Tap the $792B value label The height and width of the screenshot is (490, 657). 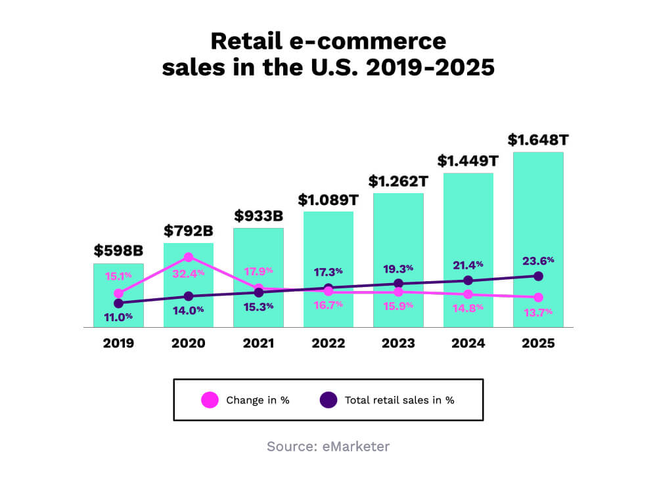[189, 231]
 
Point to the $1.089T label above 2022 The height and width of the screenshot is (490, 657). [328, 199]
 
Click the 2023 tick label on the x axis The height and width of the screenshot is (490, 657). [398, 343]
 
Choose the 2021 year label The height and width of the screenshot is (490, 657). [258, 343]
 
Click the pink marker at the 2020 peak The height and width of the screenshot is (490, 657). [189, 257]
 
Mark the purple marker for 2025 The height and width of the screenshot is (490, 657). [539, 276]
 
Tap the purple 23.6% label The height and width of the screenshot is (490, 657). [539, 259]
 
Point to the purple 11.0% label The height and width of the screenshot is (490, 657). [118, 316]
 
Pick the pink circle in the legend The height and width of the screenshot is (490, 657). [210, 399]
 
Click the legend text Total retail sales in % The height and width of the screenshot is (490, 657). [399, 400]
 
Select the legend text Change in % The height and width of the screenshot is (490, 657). [258, 400]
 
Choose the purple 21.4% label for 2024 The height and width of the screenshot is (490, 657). [468, 264]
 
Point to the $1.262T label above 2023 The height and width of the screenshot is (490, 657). [398, 181]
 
